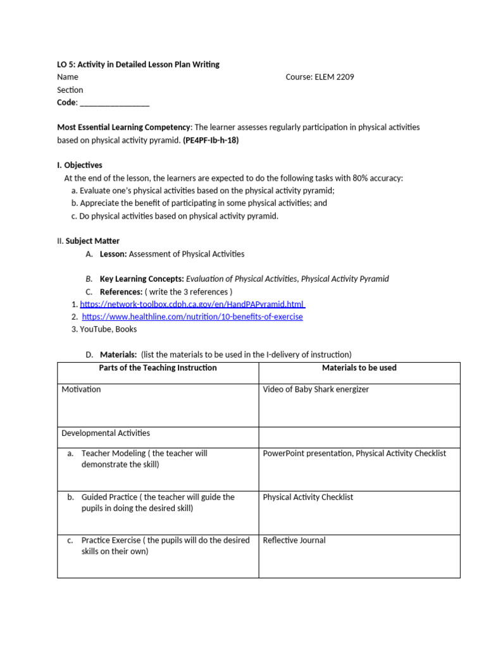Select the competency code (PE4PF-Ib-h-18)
211,140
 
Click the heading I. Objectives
80,166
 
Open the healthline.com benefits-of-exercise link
192,317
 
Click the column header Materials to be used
359,368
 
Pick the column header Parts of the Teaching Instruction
158,368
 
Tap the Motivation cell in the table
81,389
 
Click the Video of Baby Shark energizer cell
316,389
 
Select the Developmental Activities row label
106,433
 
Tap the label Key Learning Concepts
142,279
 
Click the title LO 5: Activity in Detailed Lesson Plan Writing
139,64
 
